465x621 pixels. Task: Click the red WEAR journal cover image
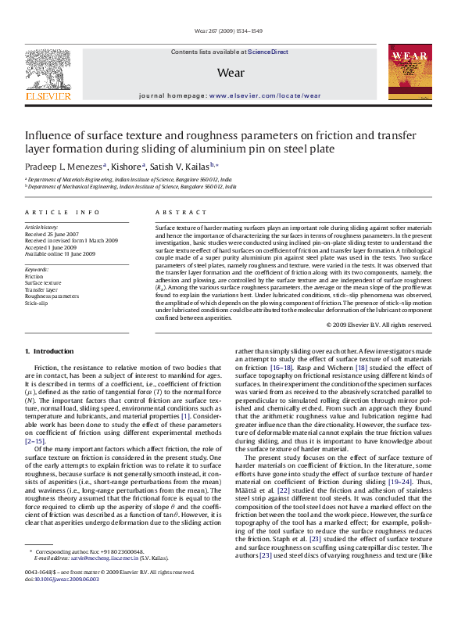[x=408, y=72]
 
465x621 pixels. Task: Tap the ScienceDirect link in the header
[x=267, y=51]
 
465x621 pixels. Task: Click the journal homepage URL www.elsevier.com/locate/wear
[x=265, y=95]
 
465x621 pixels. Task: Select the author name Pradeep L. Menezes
[x=63, y=166]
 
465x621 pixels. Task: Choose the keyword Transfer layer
[x=41, y=289]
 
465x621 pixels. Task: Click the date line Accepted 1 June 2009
[x=56, y=247]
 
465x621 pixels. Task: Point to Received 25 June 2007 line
[x=57, y=235]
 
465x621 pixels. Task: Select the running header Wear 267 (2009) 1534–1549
[x=232, y=32]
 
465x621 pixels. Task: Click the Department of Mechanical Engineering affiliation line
[x=131, y=186]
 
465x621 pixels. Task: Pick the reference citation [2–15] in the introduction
[x=35, y=441]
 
